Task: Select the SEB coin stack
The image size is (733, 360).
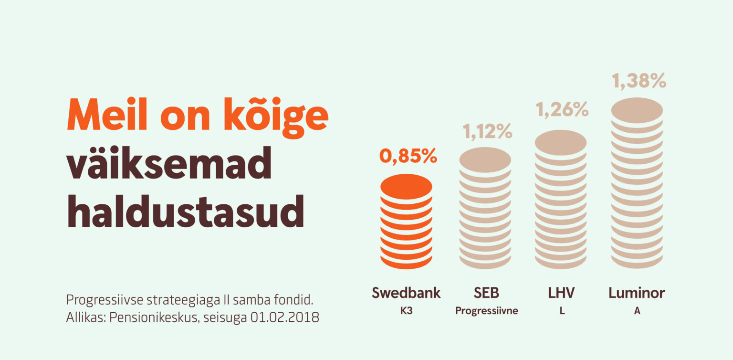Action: [485, 208]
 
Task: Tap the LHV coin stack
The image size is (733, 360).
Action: [561, 199]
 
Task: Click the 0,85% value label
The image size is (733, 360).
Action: [408, 156]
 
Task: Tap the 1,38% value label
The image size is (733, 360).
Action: [639, 81]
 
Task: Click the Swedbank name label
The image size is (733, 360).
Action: [406, 293]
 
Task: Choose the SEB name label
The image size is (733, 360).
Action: [486, 293]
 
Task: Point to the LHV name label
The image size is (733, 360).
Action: [562, 293]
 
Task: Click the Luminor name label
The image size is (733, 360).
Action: [637, 293]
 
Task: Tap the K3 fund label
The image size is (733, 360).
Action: [406, 311]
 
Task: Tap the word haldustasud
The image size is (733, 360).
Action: [185, 211]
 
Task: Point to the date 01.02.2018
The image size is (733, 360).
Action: [284, 318]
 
